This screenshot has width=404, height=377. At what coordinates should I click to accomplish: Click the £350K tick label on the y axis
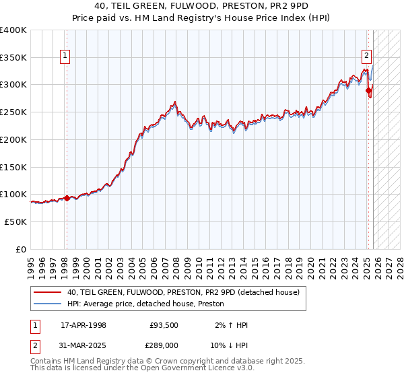point(13,57)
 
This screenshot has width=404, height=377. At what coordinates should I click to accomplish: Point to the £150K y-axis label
point(13,167)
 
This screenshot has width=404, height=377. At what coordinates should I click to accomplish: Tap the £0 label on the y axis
point(21,249)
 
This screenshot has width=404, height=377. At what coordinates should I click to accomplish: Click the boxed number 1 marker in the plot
point(66,57)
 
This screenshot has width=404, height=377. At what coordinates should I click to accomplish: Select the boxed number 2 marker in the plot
point(367,57)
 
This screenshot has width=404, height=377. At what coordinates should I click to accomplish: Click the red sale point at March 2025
point(368,91)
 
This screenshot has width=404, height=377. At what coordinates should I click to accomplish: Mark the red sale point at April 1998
point(67,198)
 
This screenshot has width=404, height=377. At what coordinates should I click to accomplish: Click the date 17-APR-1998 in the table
point(83,325)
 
